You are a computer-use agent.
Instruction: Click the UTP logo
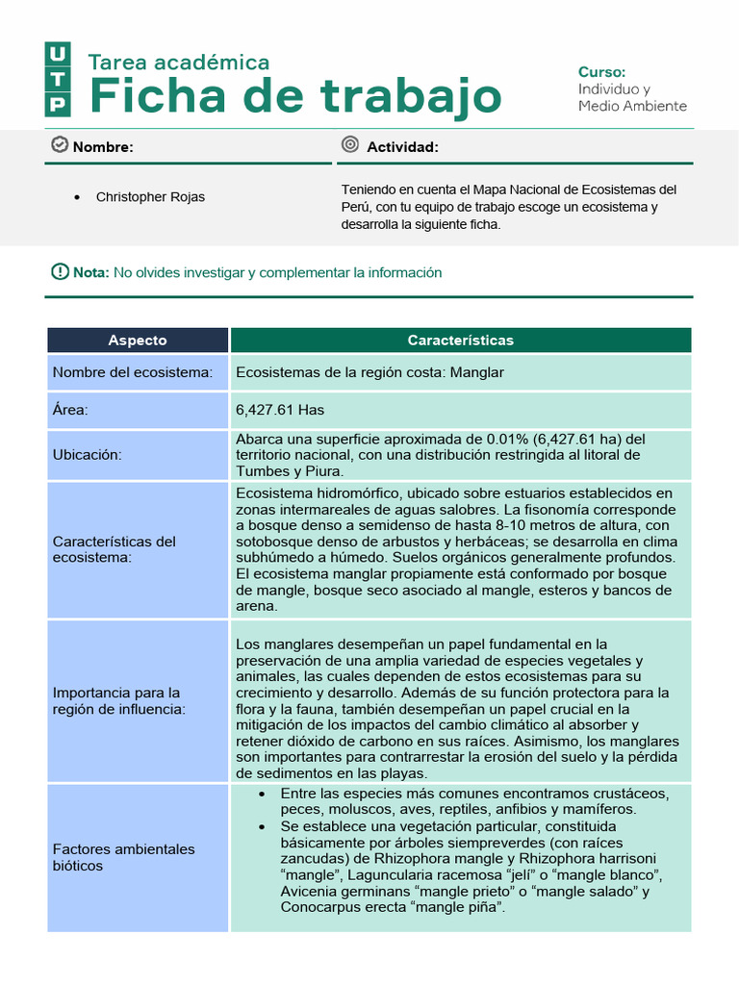[58, 79]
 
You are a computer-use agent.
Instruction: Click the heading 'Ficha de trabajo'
[294, 97]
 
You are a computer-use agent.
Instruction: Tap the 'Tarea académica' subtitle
[179, 63]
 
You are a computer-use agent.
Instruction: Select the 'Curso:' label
[601, 72]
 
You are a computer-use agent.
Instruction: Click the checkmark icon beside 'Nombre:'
[59, 145]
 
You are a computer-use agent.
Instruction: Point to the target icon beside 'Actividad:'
[350, 145]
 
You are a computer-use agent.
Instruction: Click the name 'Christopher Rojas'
[150, 197]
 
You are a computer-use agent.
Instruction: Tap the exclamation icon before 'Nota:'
[60, 272]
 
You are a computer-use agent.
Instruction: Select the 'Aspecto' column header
[138, 341]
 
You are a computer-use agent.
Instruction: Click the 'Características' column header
[460, 341]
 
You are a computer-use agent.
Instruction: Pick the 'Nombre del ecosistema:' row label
[133, 372]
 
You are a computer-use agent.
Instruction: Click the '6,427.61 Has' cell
[280, 410]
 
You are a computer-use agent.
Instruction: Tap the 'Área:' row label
[70, 410]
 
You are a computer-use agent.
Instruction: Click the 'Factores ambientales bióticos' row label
[123, 857]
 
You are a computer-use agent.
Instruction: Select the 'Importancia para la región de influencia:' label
[116, 700]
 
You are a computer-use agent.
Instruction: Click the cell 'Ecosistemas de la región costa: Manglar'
[369, 372]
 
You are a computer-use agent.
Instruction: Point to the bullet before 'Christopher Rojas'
[77, 197]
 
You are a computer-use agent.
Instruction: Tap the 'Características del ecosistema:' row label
[115, 549]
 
